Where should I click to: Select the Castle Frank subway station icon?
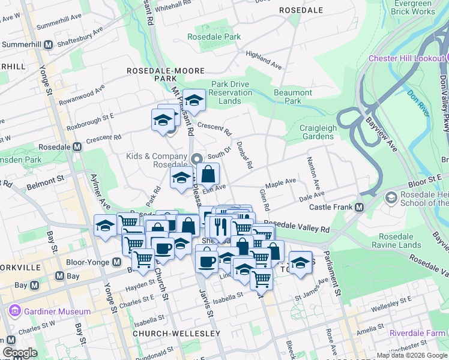[x=360, y=208]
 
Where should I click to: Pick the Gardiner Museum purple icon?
[x=14, y=311]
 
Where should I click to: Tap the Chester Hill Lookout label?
[x=406, y=58]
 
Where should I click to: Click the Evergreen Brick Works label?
[x=412, y=7]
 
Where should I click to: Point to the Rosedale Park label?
[x=214, y=37]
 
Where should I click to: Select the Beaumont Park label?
[x=292, y=97]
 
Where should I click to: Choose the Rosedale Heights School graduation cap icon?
[x=391, y=197]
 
